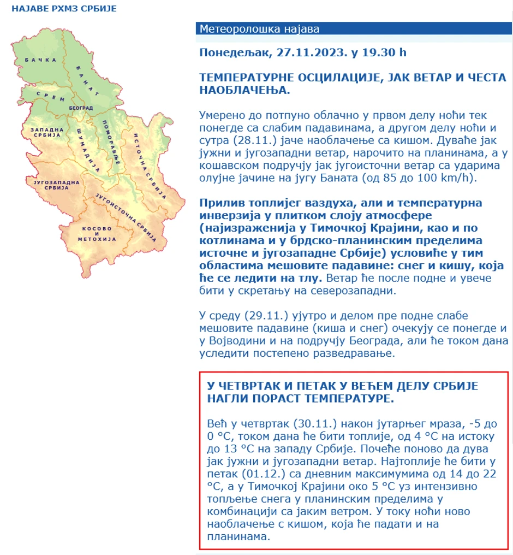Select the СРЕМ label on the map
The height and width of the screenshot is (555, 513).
pyautogui.click(x=51, y=96)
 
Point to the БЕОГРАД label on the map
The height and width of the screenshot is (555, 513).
pyautogui.click(x=81, y=108)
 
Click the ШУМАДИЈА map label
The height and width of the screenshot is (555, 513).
pyautogui.click(x=87, y=146)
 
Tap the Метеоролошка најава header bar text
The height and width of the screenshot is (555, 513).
pyautogui.click(x=259, y=29)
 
